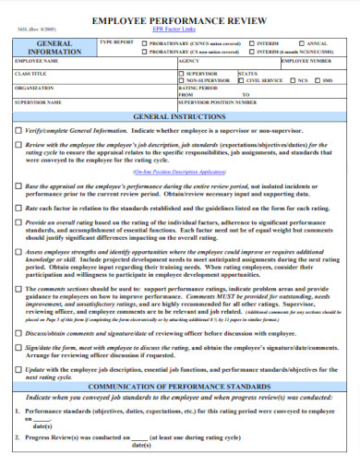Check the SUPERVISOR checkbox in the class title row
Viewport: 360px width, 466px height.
[182, 73]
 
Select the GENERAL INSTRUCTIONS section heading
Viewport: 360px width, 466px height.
[179, 118]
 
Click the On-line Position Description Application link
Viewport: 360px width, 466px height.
[179, 172]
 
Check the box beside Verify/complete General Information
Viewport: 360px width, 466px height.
[18, 131]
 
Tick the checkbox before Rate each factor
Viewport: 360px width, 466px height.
[18, 209]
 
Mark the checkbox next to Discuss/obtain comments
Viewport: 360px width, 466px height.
[18, 332]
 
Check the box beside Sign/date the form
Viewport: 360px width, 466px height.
[18, 346]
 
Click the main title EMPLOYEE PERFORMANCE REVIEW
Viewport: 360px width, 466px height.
[180, 18]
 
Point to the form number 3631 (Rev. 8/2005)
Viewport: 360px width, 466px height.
[29, 30]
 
